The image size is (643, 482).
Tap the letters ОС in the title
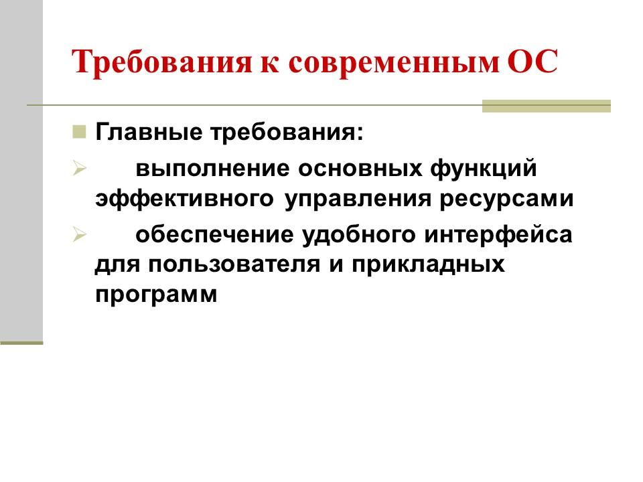532,64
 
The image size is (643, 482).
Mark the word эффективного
184,199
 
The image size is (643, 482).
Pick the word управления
356,199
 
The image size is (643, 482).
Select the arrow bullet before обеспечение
78,236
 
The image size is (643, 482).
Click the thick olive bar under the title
547,106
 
